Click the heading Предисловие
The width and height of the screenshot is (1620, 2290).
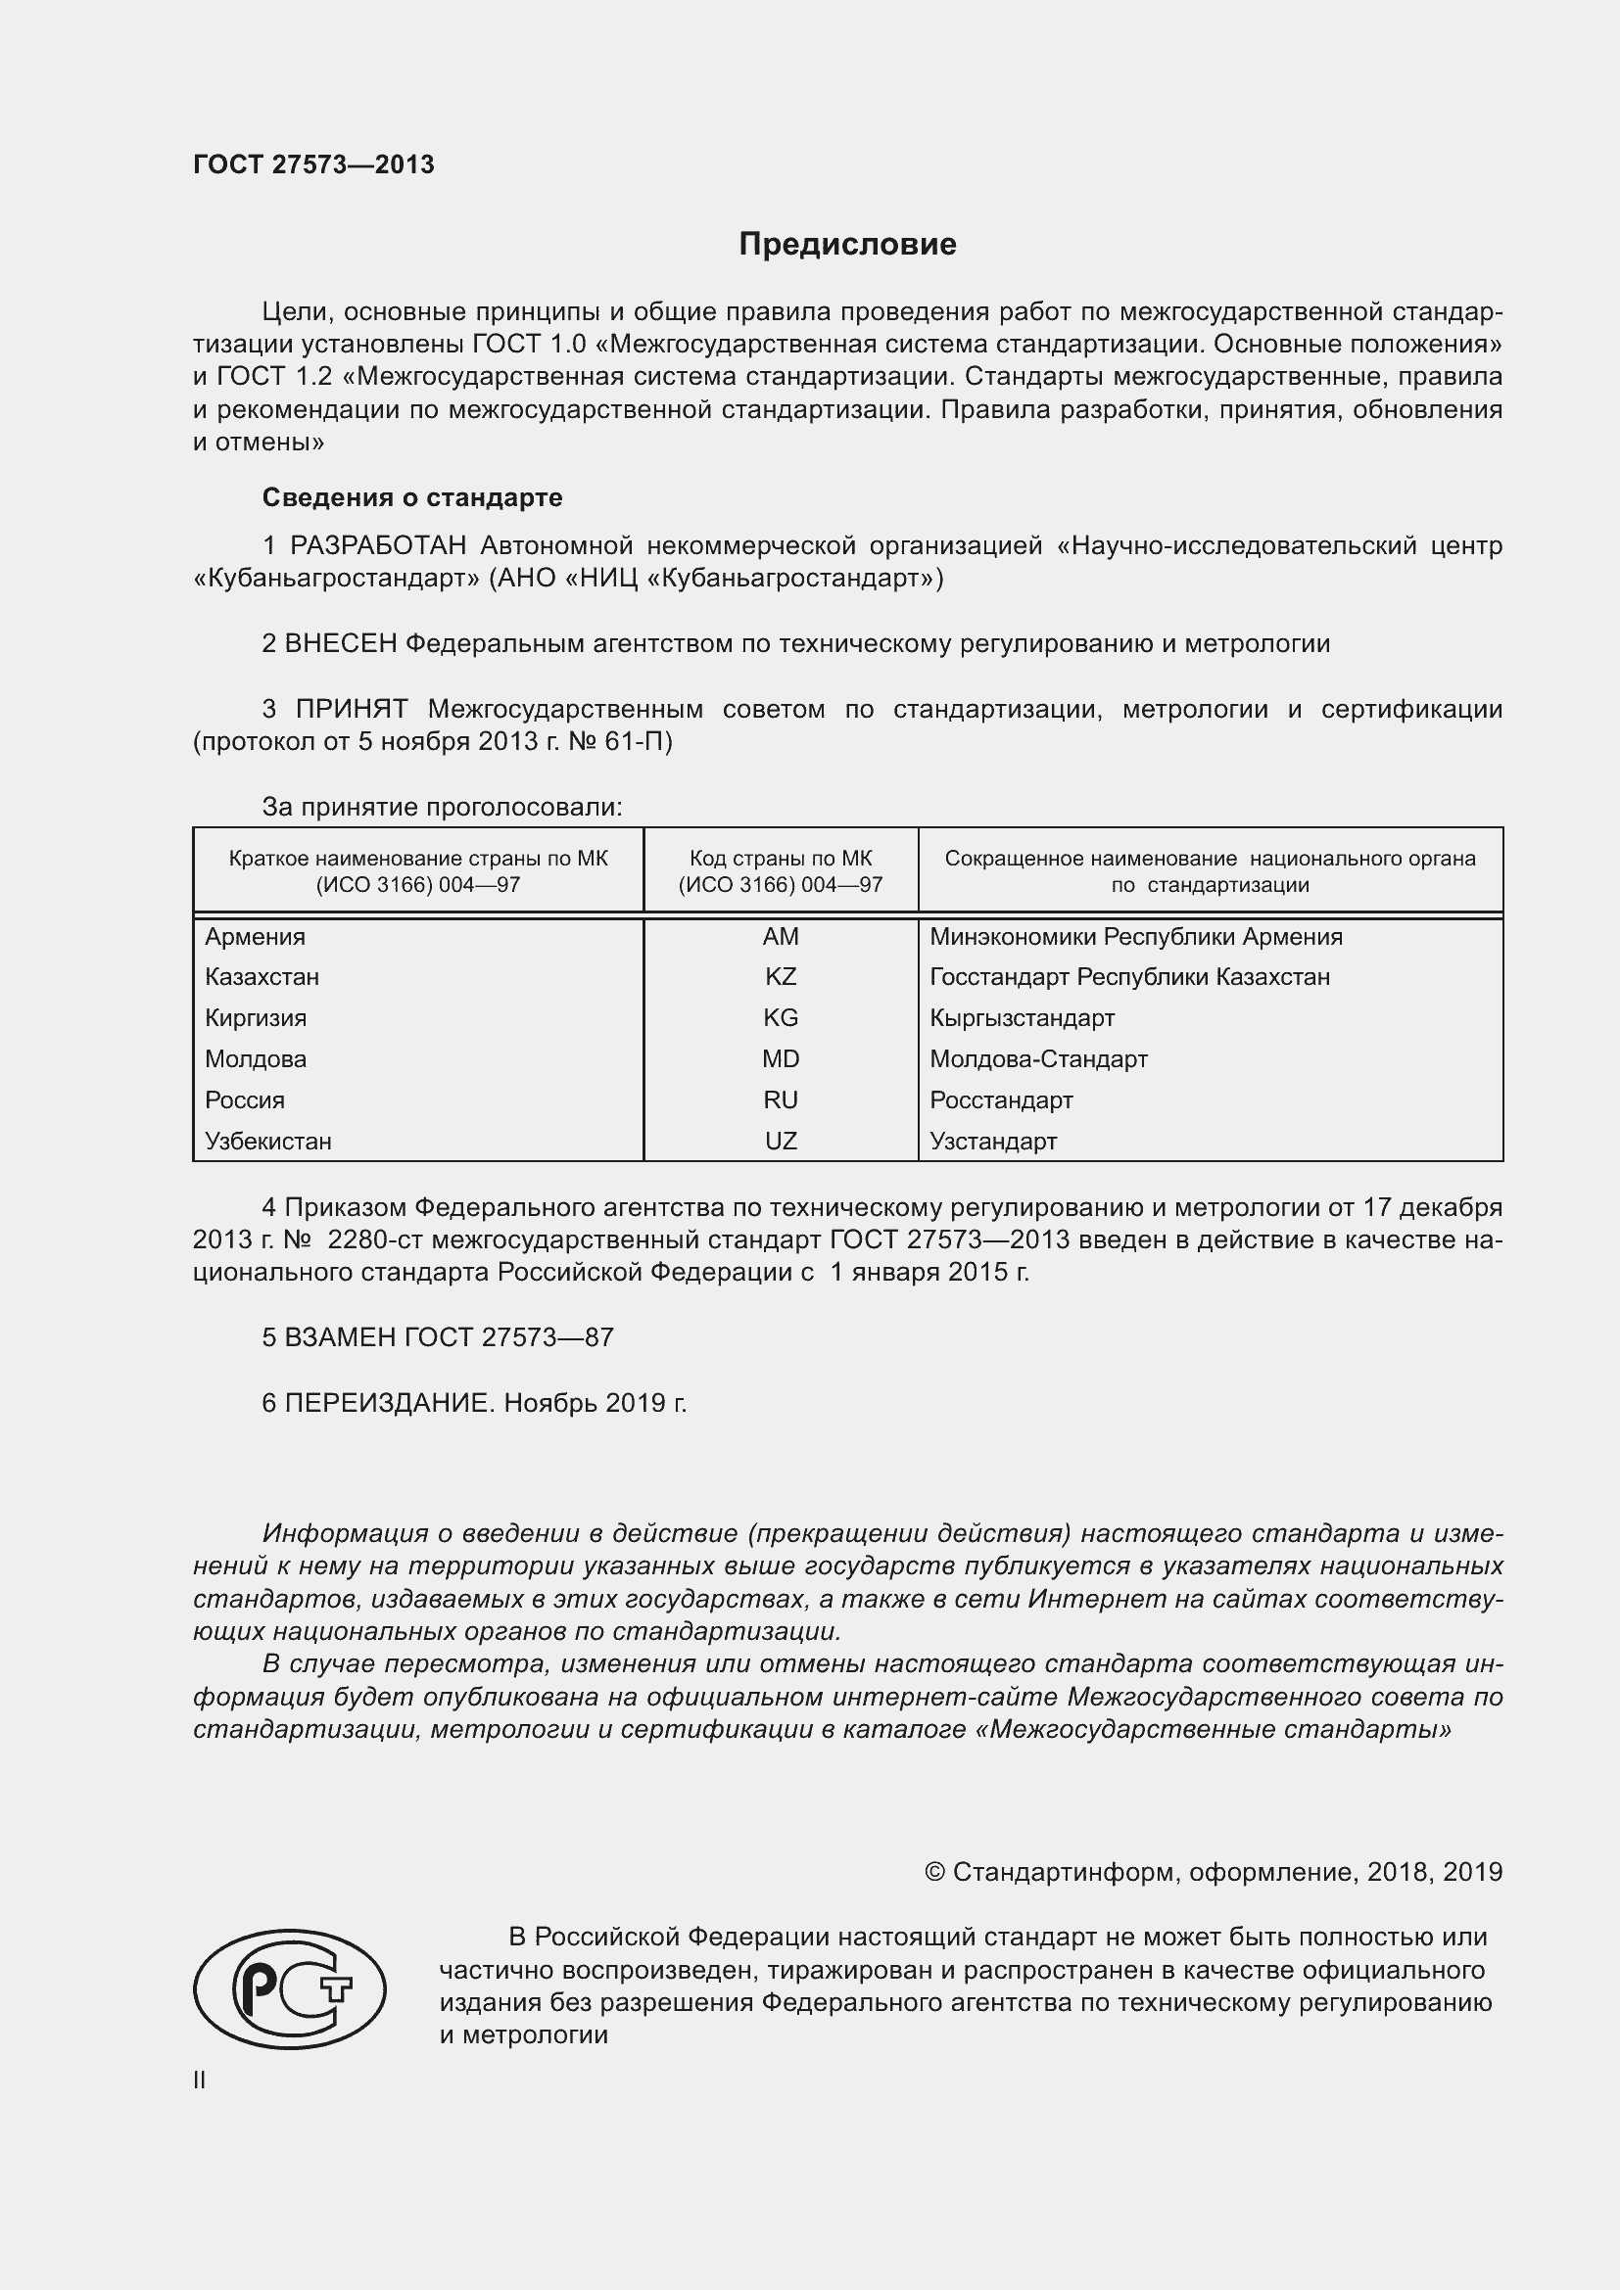click(847, 245)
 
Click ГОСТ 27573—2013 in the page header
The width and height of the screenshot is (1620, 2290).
click(313, 164)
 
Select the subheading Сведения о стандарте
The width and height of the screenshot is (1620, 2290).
click(412, 496)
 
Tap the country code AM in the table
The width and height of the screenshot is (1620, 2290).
click(780, 936)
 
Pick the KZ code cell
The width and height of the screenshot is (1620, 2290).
click(780, 976)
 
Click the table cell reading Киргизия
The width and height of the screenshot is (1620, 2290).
click(256, 1017)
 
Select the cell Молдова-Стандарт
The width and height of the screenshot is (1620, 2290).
click(1038, 1058)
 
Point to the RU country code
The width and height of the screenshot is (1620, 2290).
click(780, 1099)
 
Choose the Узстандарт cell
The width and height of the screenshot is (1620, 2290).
click(992, 1141)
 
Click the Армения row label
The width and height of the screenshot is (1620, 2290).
click(256, 936)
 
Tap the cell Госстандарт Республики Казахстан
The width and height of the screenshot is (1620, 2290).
click(1129, 976)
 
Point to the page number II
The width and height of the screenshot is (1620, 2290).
click(200, 2080)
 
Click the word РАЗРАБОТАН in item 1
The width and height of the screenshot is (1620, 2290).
click(378, 545)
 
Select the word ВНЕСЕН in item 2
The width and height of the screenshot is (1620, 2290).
click(341, 643)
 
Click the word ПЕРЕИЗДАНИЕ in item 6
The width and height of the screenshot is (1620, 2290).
click(389, 1402)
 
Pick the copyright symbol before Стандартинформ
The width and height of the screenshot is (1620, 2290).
click(934, 1872)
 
